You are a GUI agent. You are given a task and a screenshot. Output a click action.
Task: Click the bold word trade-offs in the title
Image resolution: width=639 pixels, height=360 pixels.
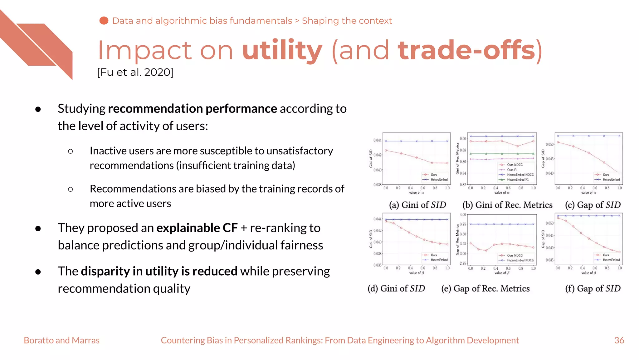467,51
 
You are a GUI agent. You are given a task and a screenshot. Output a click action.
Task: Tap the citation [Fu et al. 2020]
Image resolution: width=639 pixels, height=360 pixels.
135,72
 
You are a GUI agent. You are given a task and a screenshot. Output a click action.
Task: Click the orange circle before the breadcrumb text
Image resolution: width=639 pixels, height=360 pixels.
104,21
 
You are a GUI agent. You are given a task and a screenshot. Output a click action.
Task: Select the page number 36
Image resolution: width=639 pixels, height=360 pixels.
619,340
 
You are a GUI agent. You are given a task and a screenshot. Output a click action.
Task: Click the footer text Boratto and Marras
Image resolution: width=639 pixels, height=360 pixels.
61,340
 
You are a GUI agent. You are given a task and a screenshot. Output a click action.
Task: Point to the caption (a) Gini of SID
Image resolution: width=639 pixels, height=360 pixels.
417,205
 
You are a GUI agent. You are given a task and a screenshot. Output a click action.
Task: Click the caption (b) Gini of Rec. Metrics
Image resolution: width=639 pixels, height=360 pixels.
507,205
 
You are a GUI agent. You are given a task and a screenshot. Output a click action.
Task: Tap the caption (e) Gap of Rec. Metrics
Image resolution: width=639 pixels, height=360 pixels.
485,288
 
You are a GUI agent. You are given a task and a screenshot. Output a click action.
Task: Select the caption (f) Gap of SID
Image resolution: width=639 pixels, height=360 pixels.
593,288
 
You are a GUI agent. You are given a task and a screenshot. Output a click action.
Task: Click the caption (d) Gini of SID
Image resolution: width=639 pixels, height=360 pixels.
396,288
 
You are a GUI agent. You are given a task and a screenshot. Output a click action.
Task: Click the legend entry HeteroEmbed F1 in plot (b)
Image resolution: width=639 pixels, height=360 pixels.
518,180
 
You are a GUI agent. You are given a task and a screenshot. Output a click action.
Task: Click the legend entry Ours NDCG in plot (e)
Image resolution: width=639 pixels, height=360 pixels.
515,255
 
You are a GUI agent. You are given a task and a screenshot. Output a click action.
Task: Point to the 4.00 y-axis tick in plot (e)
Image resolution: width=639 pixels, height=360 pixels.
463,215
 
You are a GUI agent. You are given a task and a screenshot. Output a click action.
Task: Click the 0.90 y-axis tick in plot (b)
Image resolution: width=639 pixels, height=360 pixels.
463,138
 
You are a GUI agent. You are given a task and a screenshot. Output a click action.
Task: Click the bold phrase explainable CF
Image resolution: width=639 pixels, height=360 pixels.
197,228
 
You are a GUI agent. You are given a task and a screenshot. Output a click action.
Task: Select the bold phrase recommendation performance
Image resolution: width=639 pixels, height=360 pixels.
192,109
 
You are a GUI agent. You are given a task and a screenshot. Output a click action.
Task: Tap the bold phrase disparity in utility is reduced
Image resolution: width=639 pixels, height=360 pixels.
159,271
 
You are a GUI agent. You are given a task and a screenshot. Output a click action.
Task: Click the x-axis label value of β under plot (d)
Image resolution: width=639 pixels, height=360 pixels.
417,273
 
